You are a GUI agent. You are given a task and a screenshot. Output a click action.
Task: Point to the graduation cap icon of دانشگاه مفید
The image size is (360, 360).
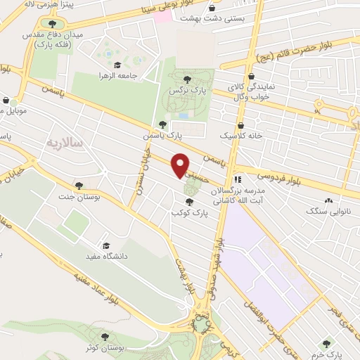(105, 246)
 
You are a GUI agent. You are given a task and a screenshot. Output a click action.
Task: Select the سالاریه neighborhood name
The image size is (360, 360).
(64, 143)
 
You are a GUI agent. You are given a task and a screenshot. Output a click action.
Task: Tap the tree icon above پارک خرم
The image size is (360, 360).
(326, 344)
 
